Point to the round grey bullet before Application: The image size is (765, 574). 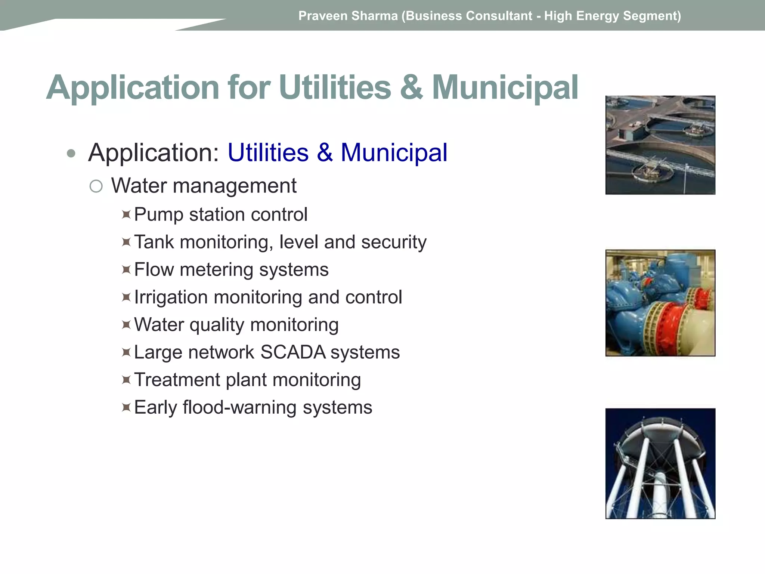point(71,153)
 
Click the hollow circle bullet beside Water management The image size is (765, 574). point(96,186)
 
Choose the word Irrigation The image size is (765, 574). point(171,297)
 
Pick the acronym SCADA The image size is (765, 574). point(293,352)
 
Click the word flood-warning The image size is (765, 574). point(239,407)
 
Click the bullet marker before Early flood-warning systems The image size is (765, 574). point(126,407)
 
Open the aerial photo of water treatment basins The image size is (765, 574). point(660,145)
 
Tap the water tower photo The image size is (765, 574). point(660,463)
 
